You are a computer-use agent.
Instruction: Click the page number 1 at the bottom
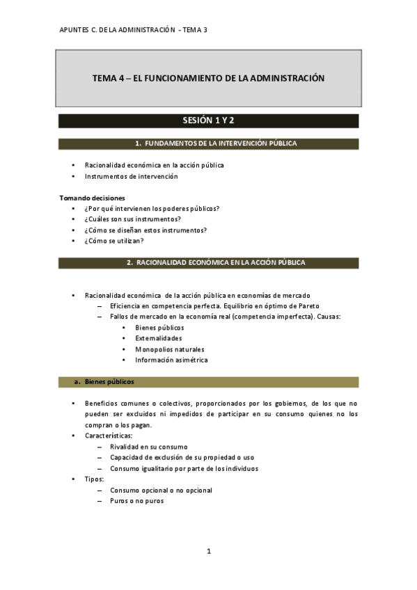point(208,551)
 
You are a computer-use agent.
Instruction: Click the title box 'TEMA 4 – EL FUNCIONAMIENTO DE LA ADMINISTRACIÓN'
point(208,79)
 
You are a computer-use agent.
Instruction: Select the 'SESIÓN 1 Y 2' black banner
point(208,121)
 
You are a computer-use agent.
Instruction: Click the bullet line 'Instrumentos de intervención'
point(131,177)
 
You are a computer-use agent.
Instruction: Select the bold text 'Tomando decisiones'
point(92,198)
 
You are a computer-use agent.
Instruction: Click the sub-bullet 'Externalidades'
point(159,338)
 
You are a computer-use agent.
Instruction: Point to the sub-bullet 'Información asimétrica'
point(171,360)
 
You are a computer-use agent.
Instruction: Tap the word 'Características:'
point(109,436)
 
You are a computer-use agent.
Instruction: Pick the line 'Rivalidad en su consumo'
point(148,447)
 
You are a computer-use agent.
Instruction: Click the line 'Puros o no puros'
point(136,501)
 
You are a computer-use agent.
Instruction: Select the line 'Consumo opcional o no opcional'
point(161,490)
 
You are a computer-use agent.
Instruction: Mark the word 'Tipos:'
point(95,479)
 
